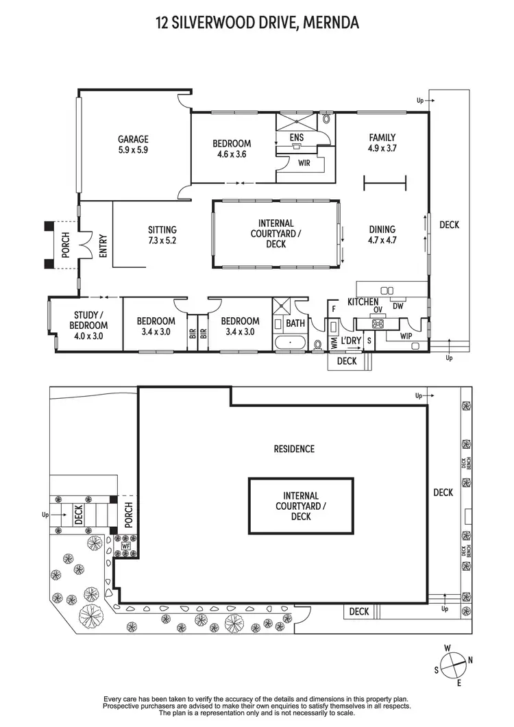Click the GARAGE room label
pos(133,139)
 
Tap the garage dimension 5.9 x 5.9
pos(133,149)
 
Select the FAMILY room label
pos(382,137)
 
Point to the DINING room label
pos(382,230)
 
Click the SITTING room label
pos(162,230)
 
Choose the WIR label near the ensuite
pos(304,163)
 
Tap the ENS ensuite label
pos(296,138)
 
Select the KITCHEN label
pos(363,301)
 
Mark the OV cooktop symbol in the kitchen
pos(378,310)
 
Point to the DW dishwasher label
pos(398,306)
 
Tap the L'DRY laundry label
pos(352,341)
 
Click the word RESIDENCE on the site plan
pos(294,449)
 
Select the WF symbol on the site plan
pos(125,546)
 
